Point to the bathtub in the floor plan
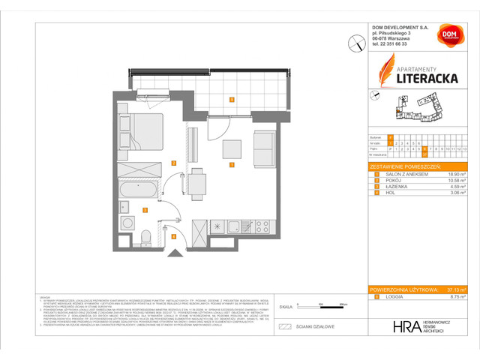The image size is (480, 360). point(142,188)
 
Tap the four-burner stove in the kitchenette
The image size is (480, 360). point(264,226)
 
